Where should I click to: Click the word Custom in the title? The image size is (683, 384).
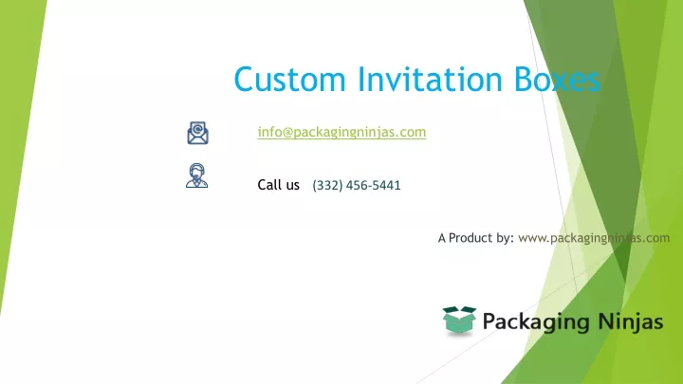point(289,79)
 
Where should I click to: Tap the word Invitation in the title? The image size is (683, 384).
point(430,79)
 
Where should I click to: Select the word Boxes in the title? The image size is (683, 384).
point(557,79)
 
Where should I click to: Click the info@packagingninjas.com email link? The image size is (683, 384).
point(341,132)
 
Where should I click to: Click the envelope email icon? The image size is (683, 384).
point(197,133)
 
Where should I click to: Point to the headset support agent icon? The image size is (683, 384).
point(197,175)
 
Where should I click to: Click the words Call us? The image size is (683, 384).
point(278,185)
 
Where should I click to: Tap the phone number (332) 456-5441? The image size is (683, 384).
point(357,186)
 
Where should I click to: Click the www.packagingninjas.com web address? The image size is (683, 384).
point(594,238)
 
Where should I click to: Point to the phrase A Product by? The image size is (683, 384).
point(476,238)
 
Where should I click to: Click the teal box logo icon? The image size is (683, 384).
point(459,320)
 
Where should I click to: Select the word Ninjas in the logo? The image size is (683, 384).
point(631,322)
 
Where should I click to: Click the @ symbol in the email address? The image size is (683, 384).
point(287,133)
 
